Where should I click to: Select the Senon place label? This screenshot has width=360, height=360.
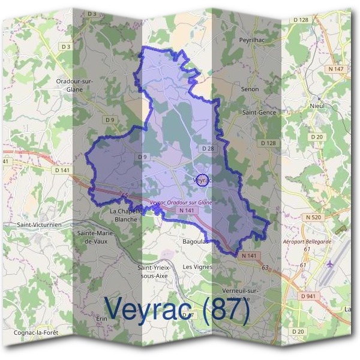click(249, 89)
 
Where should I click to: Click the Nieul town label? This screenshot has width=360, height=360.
click(318, 106)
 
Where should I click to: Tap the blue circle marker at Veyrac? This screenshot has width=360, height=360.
click(203, 180)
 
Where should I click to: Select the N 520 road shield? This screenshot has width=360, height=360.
click(314, 217)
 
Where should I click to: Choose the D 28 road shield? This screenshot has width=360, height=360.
click(208, 148)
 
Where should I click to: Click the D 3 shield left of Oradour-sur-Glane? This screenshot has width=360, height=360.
click(65, 46)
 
